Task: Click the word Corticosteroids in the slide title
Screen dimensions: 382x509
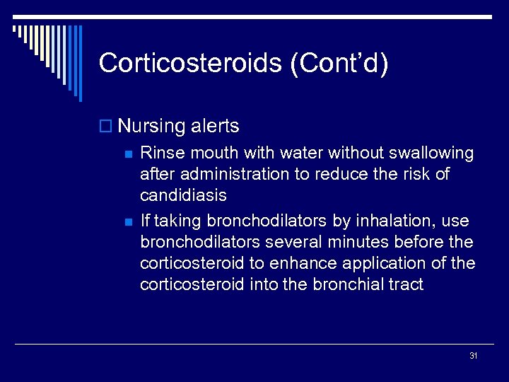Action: coord(189,64)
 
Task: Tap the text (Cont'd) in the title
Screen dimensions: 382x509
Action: coord(338,64)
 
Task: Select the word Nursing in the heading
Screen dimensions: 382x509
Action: coord(151,127)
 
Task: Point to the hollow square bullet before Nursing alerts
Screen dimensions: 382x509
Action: coord(106,127)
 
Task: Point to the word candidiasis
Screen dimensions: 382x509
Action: coord(184,195)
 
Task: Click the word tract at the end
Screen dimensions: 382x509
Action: coord(406,284)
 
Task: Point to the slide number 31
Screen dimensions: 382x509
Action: coord(474,356)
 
